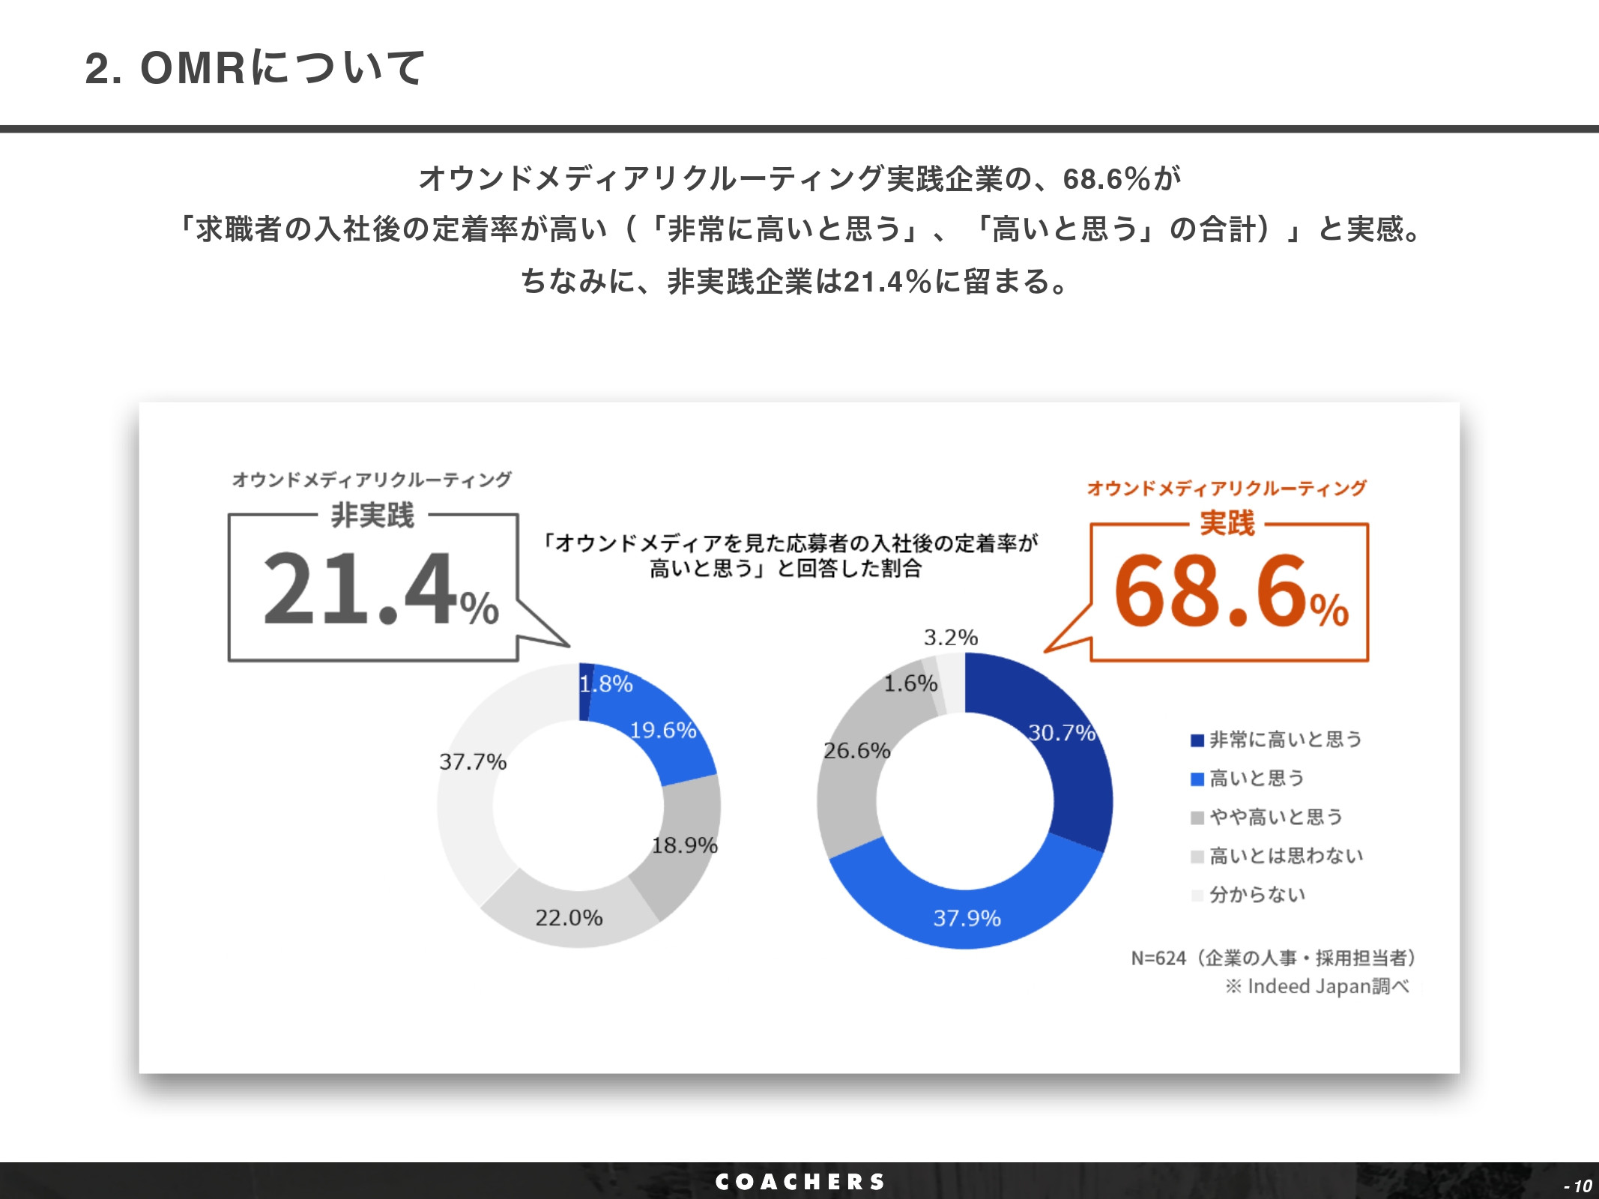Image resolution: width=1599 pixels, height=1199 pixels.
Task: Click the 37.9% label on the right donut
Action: click(x=967, y=918)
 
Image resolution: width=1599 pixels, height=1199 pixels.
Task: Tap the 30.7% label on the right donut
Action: click(x=1062, y=732)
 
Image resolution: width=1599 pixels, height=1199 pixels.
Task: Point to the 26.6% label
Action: click(x=856, y=750)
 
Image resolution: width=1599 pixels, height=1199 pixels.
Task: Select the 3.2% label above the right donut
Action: click(x=950, y=638)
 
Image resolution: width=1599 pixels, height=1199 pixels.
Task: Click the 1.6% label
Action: click(x=910, y=683)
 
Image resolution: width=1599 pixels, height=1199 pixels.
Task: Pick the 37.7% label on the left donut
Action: click(x=473, y=762)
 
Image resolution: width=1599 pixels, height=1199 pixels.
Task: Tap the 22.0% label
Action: click(x=569, y=918)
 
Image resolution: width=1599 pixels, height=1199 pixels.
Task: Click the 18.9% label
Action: click(x=684, y=845)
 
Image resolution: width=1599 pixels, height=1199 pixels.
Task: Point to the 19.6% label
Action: click(x=663, y=730)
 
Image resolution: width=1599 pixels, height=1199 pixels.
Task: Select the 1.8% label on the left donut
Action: click(x=606, y=684)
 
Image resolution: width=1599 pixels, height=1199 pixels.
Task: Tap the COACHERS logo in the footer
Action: click(x=800, y=1182)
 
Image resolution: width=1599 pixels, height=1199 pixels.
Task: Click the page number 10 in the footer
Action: click(x=1580, y=1186)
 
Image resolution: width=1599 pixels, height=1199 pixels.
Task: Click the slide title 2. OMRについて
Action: click(x=255, y=68)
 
